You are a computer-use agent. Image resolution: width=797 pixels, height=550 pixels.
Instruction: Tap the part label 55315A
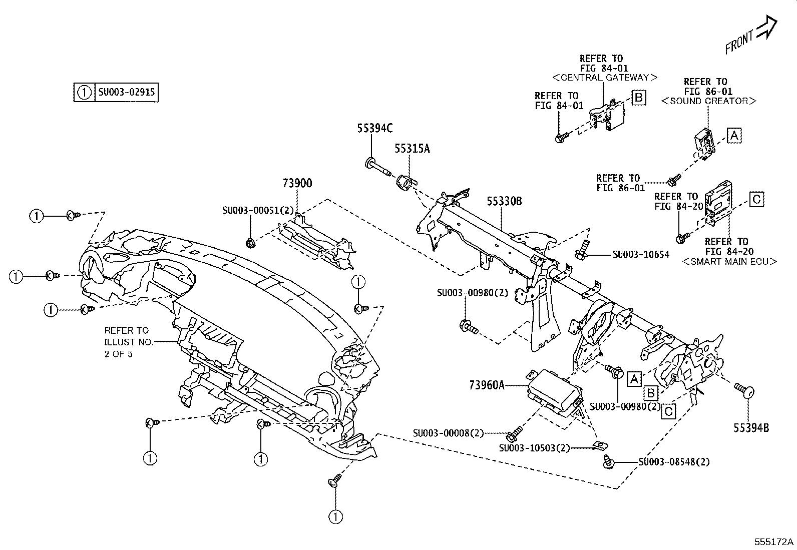coord(412,149)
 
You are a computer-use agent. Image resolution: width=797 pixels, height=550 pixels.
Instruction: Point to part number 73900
coord(297,184)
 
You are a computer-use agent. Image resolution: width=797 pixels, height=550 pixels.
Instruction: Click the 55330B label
coord(505,201)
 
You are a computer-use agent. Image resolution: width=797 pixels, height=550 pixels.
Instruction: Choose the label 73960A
coord(487,385)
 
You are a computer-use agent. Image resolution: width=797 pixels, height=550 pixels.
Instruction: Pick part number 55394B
coord(751,427)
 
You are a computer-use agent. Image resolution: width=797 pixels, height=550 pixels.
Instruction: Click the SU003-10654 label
coord(641,255)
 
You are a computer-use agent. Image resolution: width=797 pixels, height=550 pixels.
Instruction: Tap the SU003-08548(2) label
coord(674,461)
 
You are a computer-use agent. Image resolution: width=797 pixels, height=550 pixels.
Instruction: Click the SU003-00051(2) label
coord(258,211)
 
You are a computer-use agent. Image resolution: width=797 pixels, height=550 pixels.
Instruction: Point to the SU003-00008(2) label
coord(449,433)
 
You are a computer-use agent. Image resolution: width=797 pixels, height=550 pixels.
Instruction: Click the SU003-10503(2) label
coord(535,448)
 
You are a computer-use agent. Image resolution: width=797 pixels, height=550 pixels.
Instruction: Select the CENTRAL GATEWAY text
coord(604,78)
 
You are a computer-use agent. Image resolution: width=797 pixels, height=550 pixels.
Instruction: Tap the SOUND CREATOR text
coord(708,101)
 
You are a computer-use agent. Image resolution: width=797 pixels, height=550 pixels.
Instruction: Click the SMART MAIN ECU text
coord(729,261)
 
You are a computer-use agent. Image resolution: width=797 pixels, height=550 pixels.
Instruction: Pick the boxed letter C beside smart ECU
coord(756,199)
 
